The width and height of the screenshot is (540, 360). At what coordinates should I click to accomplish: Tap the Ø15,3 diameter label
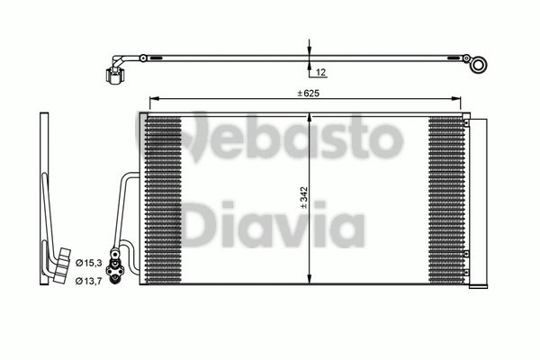tap(87, 261)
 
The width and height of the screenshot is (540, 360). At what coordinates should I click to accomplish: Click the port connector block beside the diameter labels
tap(114, 268)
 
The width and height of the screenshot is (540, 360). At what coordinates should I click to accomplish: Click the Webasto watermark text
tap(270, 138)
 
